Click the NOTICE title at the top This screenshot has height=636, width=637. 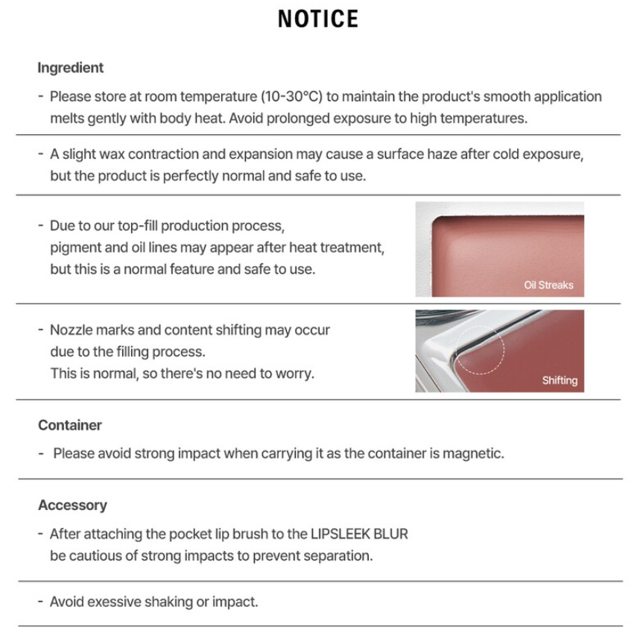318,19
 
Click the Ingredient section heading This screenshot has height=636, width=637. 71,68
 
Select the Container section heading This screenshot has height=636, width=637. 70,425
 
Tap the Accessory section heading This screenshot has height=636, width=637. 72,505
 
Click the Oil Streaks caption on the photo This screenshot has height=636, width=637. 548,285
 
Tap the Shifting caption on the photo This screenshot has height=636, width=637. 559,380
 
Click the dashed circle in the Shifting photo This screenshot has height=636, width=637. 481,348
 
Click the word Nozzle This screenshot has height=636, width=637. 71,330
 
